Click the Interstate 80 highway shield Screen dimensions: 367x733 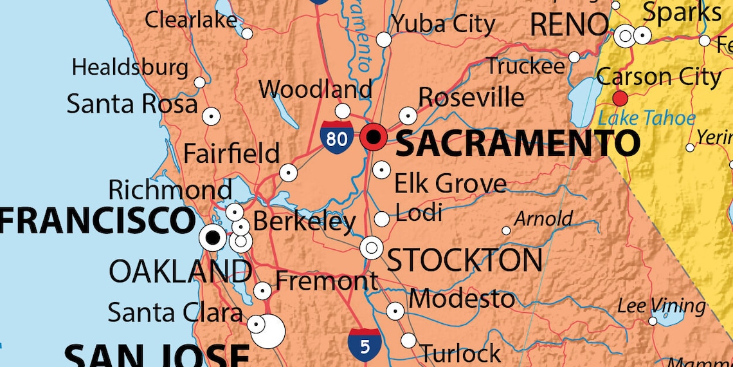click(x=336, y=136)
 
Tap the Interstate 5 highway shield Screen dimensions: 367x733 click(x=365, y=345)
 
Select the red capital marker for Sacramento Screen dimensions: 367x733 click(x=374, y=136)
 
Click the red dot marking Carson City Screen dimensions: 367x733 click(x=620, y=99)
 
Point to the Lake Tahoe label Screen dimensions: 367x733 click(x=646, y=118)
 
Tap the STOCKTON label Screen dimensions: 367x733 click(x=464, y=260)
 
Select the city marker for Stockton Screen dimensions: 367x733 click(x=371, y=247)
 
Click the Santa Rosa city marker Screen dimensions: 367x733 click(x=211, y=117)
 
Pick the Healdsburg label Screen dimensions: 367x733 click(x=130, y=67)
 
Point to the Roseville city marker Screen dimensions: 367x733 click(x=408, y=116)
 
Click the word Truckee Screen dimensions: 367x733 click(x=525, y=65)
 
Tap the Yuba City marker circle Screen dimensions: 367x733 click(x=383, y=39)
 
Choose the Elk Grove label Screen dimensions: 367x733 click(x=449, y=183)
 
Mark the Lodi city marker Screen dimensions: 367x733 click(x=381, y=219)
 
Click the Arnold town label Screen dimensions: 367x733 click(x=543, y=219)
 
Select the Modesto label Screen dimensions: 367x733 click(x=461, y=299)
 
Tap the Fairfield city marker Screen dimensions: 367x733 click(x=288, y=173)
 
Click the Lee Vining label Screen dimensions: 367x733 click(x=661, y=305)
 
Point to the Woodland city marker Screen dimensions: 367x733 click(x=343, y=111)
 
